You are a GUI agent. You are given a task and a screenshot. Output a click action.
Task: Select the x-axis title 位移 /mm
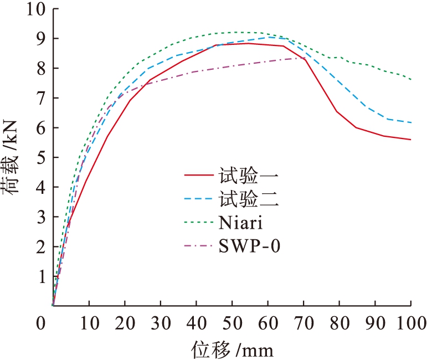pos(233,349)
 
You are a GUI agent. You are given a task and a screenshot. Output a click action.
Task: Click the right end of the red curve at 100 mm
pos(410,140)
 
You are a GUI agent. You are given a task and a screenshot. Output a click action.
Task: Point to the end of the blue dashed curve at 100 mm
pos(410,122)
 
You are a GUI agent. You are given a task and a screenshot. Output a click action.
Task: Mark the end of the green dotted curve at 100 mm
pos(410,79)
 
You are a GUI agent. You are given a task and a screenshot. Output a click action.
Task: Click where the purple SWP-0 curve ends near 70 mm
pos(305,58)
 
